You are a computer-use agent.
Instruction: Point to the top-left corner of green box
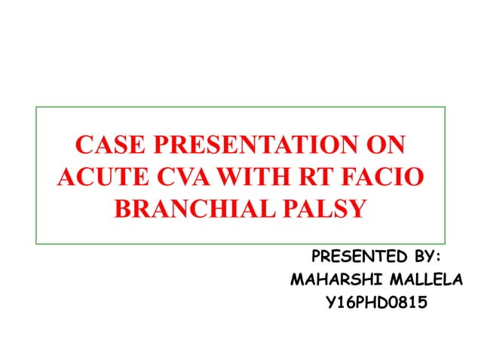[36, 107]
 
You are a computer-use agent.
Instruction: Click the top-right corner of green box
[446, 107]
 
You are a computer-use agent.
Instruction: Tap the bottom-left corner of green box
[36, 243]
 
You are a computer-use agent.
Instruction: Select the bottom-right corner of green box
[446, 243]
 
